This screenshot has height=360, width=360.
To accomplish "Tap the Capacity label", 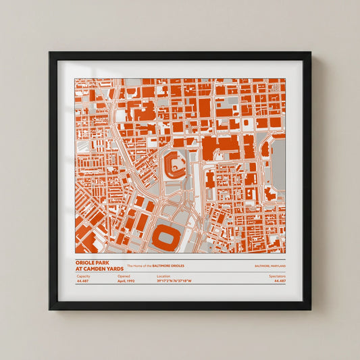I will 83,276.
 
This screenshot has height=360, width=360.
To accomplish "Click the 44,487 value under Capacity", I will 83,281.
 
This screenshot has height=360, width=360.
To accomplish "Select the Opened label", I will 124,276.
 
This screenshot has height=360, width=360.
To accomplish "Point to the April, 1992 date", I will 126,281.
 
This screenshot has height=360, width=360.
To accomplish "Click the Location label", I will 163,276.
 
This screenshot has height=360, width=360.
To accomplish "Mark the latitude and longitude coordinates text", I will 174,281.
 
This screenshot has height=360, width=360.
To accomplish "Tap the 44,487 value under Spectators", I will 278,281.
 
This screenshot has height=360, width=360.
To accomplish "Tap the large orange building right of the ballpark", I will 217,144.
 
